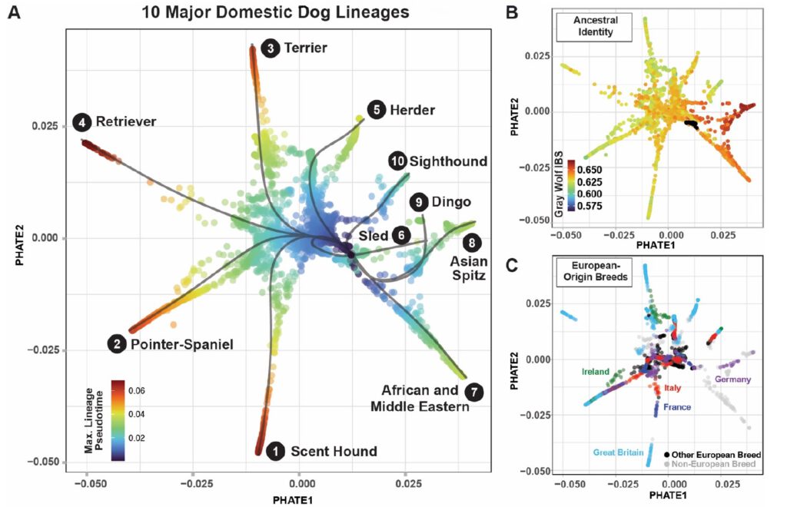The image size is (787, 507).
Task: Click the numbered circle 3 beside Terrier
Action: (x=270, y=48)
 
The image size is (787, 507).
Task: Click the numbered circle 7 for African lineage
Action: (x=476, y=390)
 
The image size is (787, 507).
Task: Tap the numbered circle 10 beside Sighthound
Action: (x=397, y=161)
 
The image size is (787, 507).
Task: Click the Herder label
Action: (x=412, y=110)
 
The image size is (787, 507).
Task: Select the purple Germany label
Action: (x=732, y=379)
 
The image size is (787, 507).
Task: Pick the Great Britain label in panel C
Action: (x=619, y=452)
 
